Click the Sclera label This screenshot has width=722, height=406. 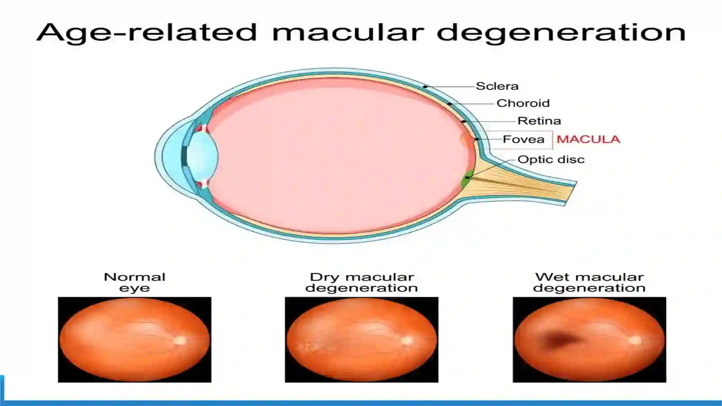(497, 86)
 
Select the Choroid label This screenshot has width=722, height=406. (523, 103)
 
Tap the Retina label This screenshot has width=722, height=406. (539, 121)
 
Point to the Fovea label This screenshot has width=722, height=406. (523, 139)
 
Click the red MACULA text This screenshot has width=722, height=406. (588, 139)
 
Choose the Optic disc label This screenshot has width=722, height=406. (551, 159)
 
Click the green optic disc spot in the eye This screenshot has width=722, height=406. (466, 179)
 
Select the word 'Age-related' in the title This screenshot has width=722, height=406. (147, 33)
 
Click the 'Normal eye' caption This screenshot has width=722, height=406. (135, 282)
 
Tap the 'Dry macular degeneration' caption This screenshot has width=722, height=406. (361, 282)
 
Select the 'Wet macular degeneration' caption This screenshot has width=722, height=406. (589, 282)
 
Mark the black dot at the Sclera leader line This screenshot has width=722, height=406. (425, 87)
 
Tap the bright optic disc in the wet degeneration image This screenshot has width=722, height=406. (635, 341)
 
